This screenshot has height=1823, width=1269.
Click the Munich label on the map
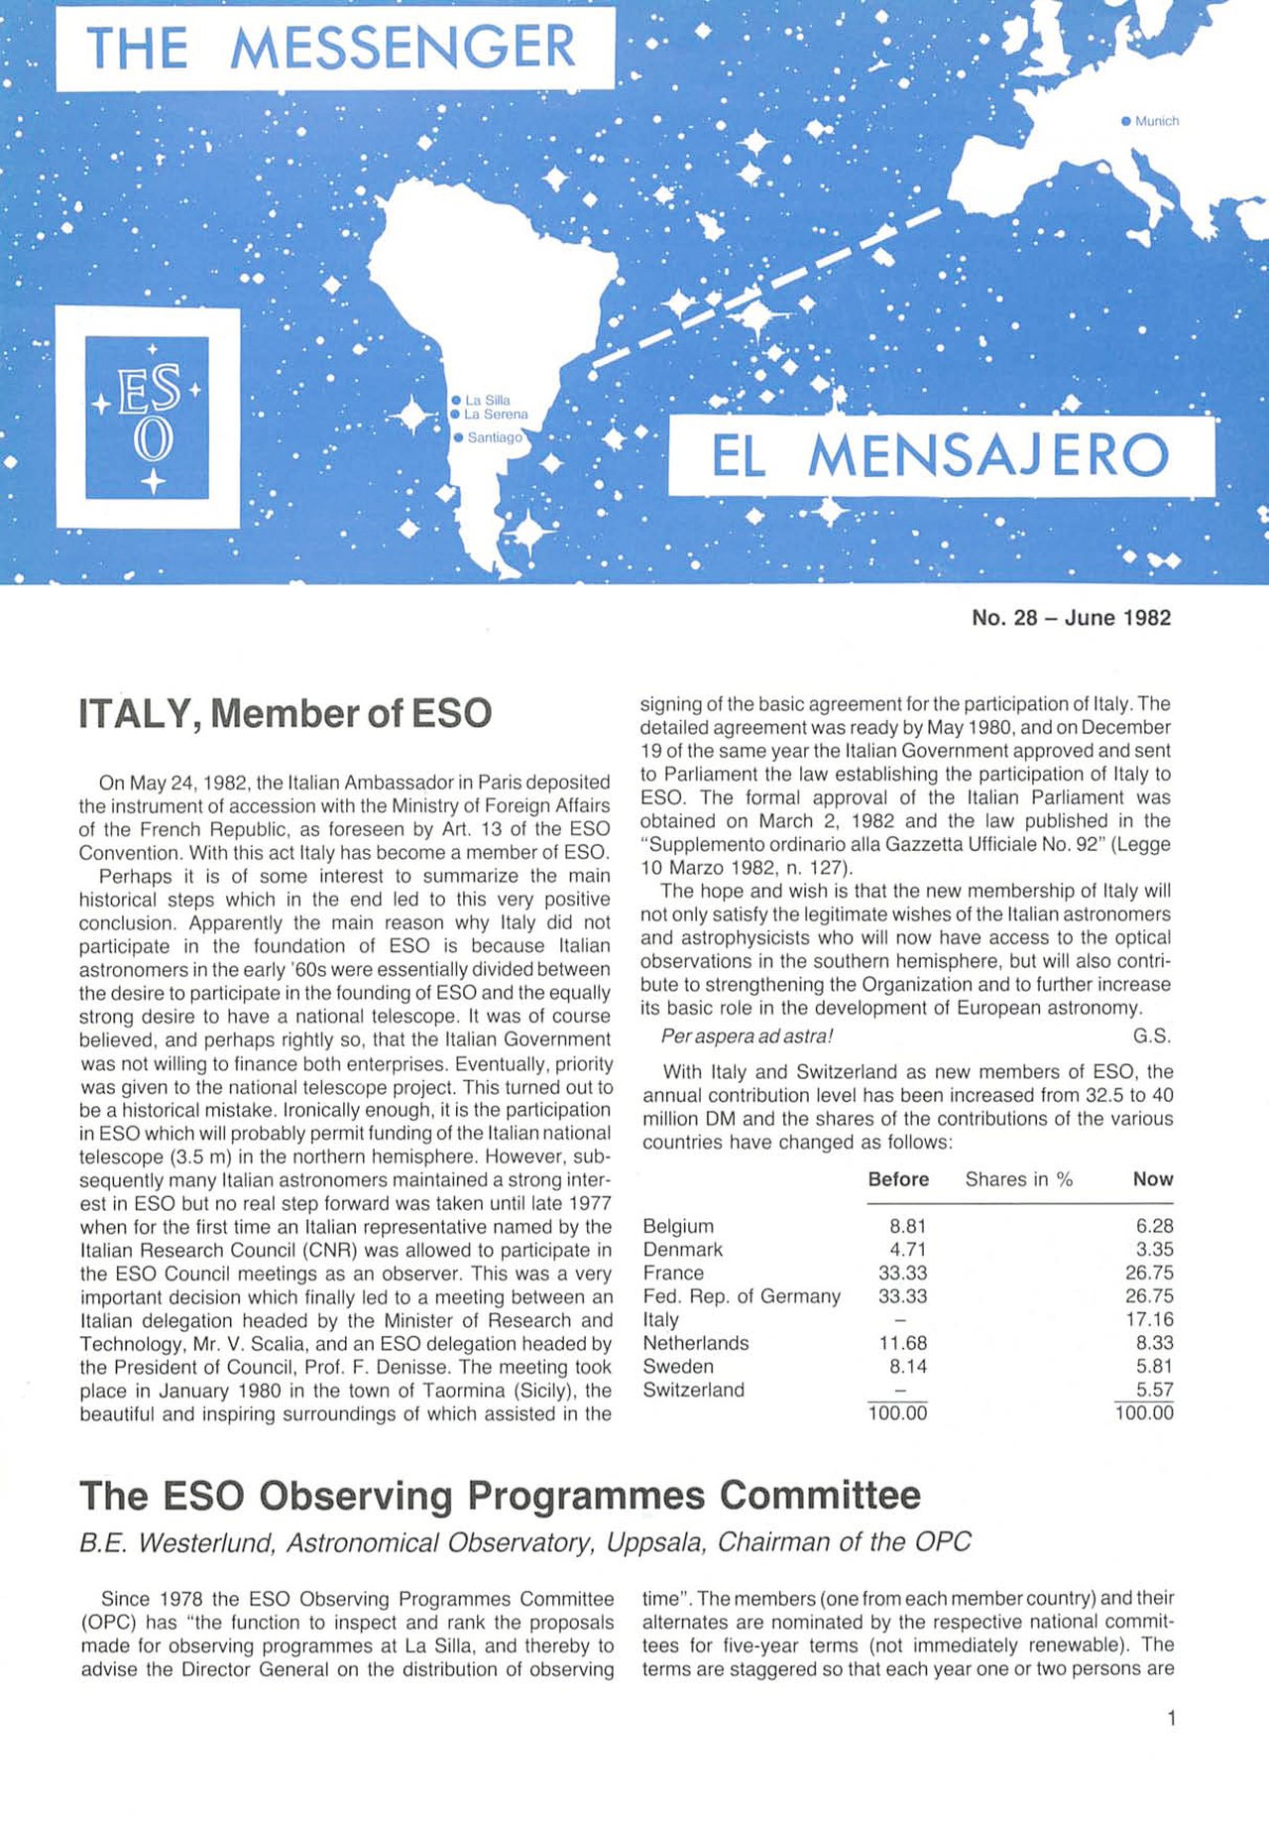1156,121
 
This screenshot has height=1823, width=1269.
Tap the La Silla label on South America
487,400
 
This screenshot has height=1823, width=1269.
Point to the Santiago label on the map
494,437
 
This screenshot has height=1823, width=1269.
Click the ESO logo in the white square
148,418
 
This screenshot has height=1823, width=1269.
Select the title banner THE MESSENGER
334,48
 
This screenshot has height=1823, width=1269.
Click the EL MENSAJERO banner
941,456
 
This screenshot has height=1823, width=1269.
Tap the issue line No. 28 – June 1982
1071,618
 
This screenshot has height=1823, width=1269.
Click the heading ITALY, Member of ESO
285,714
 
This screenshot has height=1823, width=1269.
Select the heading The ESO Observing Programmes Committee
500,1495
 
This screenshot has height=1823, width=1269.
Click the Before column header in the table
898,1179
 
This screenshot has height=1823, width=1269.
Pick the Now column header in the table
1152,1179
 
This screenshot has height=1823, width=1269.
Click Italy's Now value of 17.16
1149,1319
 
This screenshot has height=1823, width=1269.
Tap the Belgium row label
678,1226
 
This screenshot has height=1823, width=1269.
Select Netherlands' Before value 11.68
903,1343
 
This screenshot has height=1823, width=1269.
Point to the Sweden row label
678,1367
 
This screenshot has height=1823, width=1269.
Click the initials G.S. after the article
1152,1036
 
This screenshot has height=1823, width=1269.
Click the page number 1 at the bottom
1171,1719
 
